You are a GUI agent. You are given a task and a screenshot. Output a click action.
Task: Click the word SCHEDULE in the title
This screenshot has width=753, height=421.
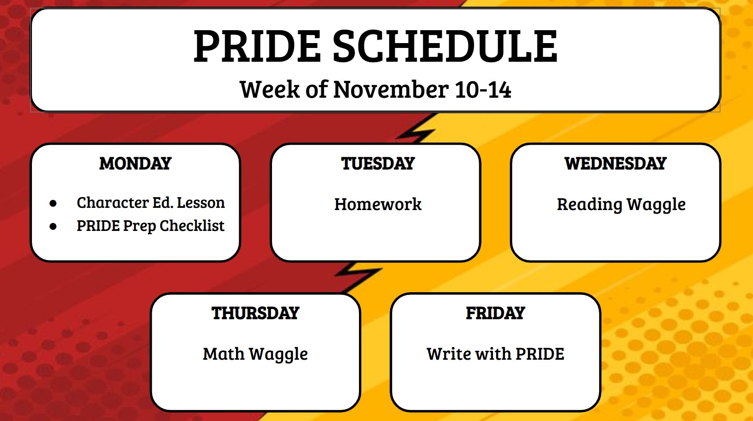[x=445, y=46]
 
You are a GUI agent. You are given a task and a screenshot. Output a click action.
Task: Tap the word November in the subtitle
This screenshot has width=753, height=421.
[x=391, y=90]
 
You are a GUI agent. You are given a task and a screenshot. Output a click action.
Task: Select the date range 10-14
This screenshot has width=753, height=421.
[x=483, y=90]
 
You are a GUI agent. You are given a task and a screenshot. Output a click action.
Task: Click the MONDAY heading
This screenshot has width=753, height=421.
[x=135, y=163]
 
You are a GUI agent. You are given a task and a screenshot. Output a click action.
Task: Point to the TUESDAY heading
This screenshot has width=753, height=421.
[x=378, y=163]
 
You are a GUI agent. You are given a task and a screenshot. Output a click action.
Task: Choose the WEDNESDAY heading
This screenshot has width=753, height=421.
[x=615, y=163]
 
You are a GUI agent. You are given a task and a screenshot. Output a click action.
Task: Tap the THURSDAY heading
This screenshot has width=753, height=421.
[x=256, y=313]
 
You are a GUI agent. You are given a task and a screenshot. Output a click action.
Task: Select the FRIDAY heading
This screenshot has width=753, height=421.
[x=496, y=313]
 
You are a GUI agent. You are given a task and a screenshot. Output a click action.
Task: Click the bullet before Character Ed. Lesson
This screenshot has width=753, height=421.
[x=53, y=203]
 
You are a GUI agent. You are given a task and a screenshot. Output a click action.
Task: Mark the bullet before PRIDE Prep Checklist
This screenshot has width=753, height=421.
[x=53, y=226]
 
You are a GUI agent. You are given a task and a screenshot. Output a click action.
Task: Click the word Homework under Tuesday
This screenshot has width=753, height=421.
[x=378, y=204]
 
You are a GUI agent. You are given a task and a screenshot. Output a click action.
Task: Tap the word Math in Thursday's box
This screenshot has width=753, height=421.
[x=224, y=354]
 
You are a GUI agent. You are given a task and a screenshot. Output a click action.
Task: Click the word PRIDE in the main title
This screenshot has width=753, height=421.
[x=257, y=46]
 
